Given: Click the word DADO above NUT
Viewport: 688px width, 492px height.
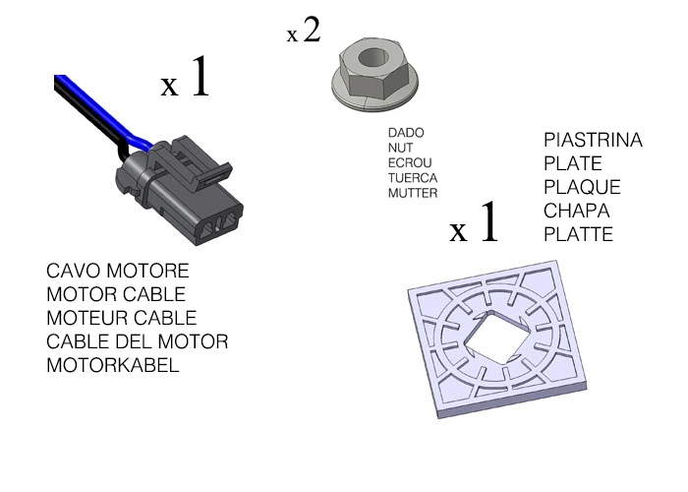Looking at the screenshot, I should (x=405, y=132).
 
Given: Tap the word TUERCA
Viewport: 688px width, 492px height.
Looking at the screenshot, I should (x=413, y=178).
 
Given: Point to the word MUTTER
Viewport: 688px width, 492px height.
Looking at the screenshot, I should (x=413, y=193).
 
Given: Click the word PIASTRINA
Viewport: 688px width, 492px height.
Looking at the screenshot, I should (x=593, y=141).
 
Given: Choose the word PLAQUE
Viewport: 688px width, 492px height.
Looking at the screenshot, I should (x=582, y=187).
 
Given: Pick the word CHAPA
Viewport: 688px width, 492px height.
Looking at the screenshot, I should (x=577, y=211).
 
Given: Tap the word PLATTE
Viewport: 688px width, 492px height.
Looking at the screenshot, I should (x=578, y=234).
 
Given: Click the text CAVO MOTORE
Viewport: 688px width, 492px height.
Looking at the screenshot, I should (x=117, y=271).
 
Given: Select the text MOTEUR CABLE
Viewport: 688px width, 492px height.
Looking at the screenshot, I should (x=121, y=318).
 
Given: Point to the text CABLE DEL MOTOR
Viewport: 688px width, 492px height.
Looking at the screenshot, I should (x=137, y=341).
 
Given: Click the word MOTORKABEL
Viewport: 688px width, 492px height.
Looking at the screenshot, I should (x=113, y=365).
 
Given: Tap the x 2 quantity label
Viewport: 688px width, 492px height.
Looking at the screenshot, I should (x=305, y=31).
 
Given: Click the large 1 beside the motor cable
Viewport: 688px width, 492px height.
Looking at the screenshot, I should (x=200, y=79).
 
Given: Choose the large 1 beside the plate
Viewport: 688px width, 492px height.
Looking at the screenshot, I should (x=488, y=225).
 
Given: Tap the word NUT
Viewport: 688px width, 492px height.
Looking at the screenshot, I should (x=400, y=147).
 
